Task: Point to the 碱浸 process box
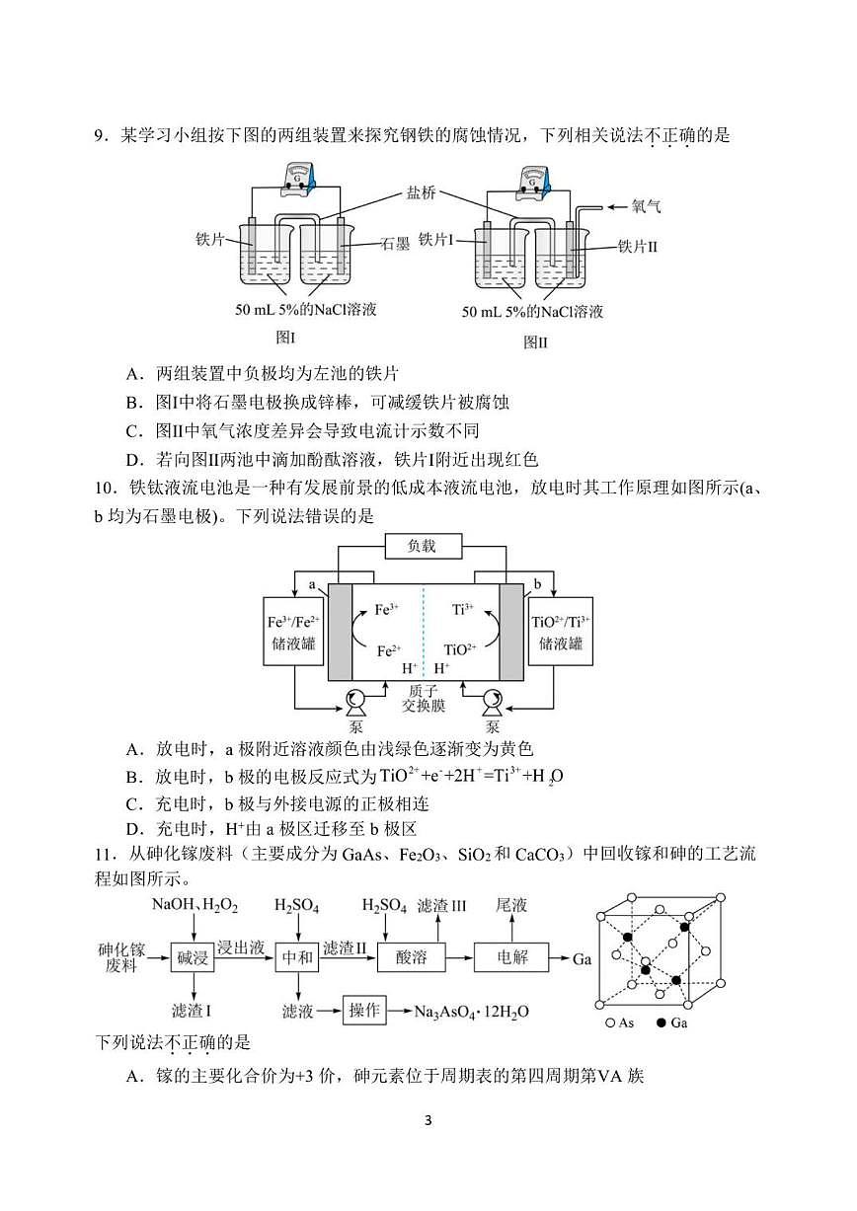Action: pyautogui.click(x=193, y=956)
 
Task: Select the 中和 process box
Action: pyautogui.click(x=297, y=956)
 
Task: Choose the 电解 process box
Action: pyautogui.click(x=511, y=956)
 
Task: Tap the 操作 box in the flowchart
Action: pyautogui.click(x=364, y=1011)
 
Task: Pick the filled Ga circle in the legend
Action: pyautogui.click(x=661, y=1023)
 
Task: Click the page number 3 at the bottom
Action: pyautogui.click(x=428, y=1120)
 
